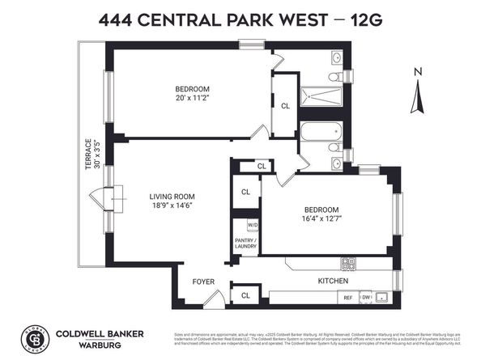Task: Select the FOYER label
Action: point(202,282)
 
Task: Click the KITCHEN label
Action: point(333,281)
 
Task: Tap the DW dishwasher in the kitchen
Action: point(365,297)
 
